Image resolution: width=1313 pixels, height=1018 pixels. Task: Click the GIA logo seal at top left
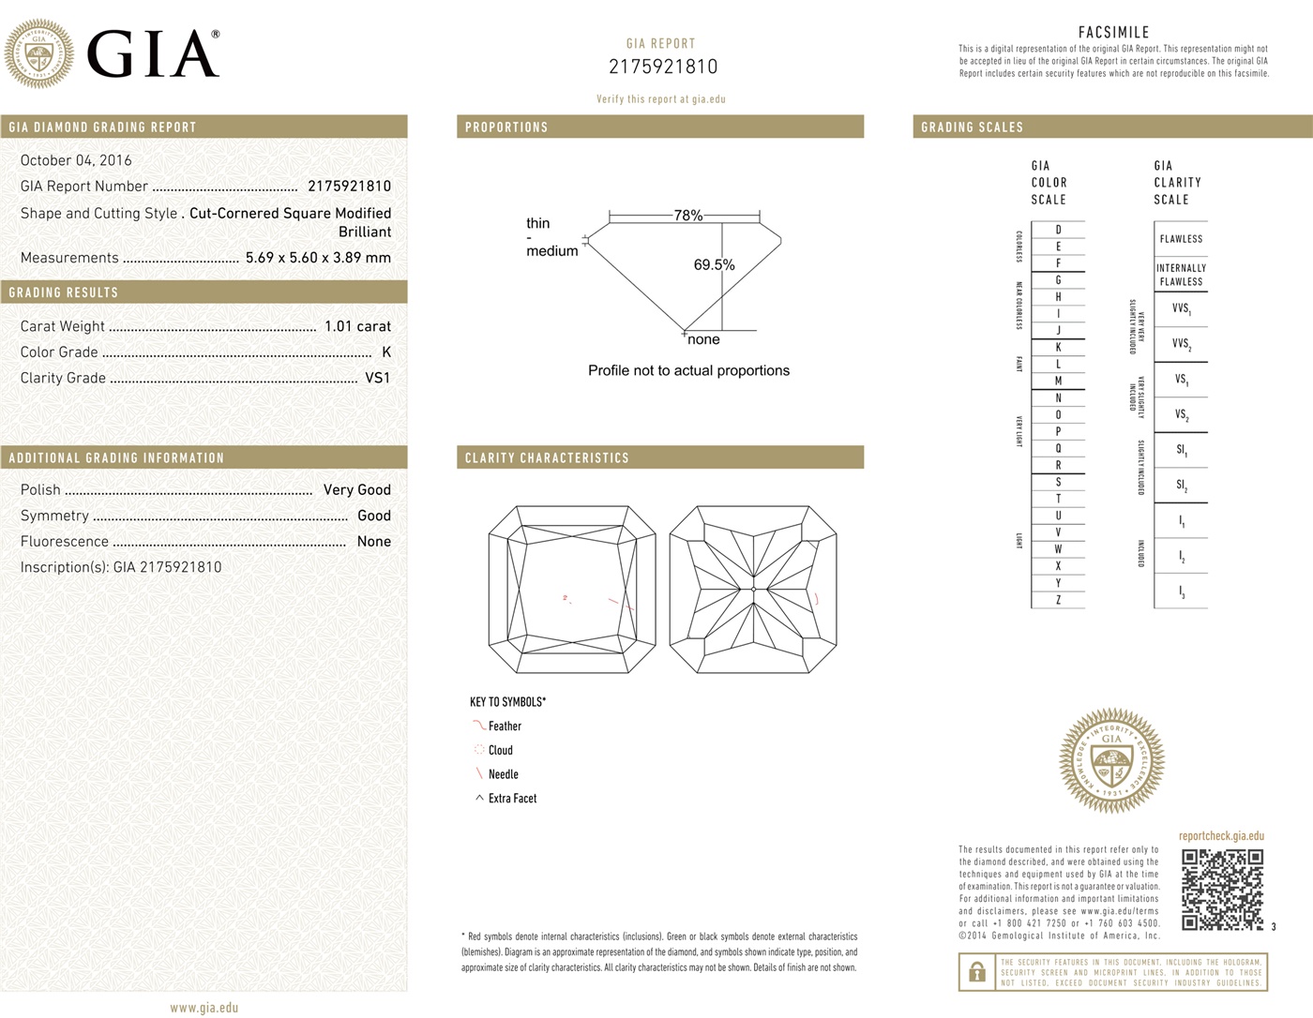38,53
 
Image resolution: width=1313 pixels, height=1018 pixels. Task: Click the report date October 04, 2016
76,160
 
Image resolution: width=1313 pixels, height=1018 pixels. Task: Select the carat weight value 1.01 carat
357,326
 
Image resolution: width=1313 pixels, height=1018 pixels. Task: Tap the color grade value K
386,352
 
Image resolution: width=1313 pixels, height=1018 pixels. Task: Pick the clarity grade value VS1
377,378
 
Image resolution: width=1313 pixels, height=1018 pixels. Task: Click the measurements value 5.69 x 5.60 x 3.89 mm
318,258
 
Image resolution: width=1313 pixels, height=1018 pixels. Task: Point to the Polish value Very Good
356,489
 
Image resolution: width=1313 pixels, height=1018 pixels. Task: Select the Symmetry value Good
373,516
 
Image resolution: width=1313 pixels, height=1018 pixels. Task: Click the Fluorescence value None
373,541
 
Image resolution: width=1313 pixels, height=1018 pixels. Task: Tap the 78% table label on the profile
687,216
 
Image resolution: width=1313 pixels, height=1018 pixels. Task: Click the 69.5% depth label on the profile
714,265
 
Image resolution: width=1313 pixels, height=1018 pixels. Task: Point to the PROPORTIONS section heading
506,127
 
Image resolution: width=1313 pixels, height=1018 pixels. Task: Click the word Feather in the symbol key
505,726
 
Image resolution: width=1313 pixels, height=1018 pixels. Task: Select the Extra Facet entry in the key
512,799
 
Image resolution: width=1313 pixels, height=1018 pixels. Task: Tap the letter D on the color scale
1058,230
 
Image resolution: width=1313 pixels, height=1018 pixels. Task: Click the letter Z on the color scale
1058,600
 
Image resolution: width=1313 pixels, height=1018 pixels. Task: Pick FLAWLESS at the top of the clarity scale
1181,239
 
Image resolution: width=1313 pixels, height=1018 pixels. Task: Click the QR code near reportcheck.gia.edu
1222,890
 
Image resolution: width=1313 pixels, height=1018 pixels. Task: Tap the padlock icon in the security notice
976,973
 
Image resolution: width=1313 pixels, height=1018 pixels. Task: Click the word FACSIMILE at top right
1113,33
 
